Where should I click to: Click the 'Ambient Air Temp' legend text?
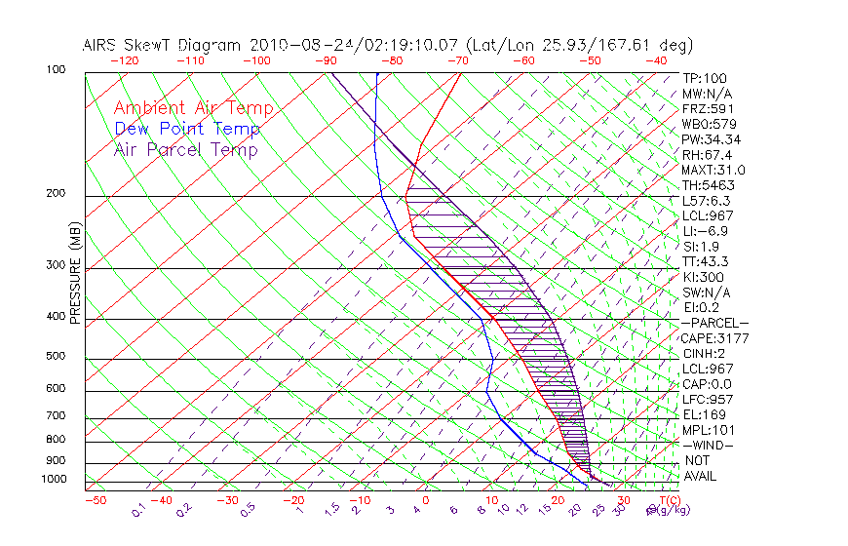click(x=193, y=108)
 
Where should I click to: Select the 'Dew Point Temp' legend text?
click(x=186, y=129)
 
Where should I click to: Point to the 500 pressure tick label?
click(x=58, y=357)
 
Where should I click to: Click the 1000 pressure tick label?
click(x=55, y=480)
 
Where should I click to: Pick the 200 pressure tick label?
click(x=58, y=194)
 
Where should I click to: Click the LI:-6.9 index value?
click(x=705, y=231)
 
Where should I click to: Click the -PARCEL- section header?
click(x=715, y=323)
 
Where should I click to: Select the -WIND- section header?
click(x=709, y=445)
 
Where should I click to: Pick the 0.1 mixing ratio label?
click(x=138, y=510)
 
